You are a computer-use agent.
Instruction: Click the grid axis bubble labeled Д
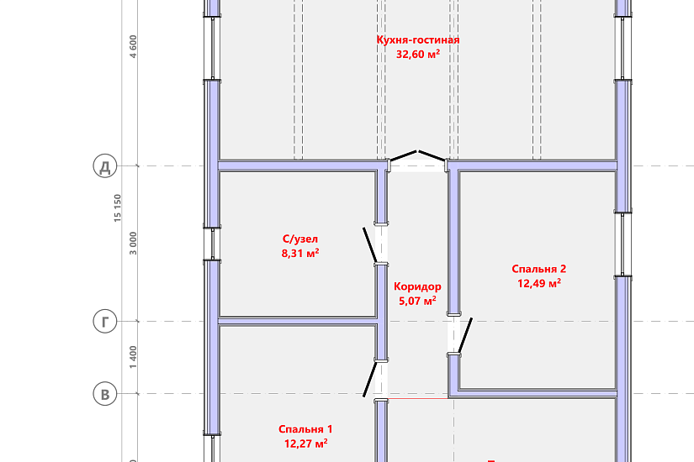coord(105,166)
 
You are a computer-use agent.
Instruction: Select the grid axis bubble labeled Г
coord(105,322)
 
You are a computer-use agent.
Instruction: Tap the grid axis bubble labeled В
coord(105,394)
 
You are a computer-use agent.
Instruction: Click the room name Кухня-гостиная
coord(418,39)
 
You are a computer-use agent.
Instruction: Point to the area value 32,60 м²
coord(418,54)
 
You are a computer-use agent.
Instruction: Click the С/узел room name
coord(300,239)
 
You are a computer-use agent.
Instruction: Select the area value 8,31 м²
coord(300,253)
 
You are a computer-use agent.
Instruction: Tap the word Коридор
coord(417,286)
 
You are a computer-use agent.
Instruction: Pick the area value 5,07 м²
coord(417,301)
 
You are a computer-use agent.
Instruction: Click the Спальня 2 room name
coord(538,269)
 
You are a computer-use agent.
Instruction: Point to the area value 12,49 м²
coord(539,283)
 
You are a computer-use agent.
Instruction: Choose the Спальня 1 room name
coord(305,429)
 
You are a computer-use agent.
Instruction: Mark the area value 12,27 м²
coord(306,443)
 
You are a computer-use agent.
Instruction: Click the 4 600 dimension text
coord(133,46)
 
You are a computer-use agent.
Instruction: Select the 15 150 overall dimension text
coord(117,207)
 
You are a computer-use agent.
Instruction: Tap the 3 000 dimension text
coord(133,243)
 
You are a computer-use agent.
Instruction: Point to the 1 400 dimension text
coord(133,357)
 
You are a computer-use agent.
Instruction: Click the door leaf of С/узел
coord(370,245)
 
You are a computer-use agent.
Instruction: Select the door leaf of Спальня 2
coord(465,335)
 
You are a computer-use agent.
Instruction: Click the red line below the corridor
coord(418,399)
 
